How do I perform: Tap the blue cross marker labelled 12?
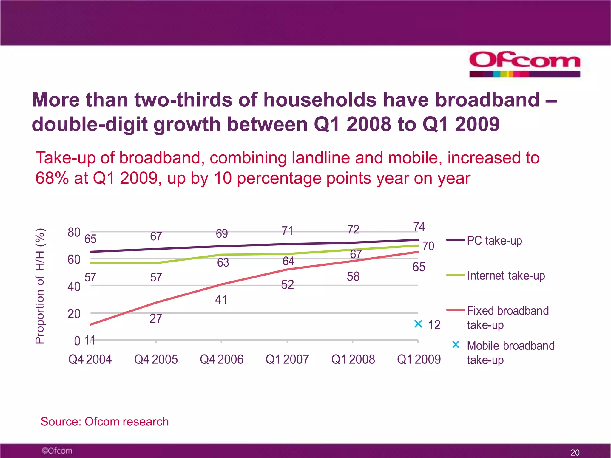click(x=418, y=324)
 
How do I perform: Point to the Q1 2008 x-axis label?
click(x=353, y=359)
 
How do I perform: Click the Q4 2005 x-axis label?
click(x=156, y=359)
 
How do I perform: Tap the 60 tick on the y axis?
click(x=74, y=260)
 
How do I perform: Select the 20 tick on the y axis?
click(x=74, y=314)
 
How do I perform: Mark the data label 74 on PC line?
click(x=419, y=227)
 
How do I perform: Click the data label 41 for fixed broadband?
click(x=221, y=299)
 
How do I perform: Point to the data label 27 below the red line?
click(x=156, y=318)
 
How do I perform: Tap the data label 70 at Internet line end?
click(x=428, y=246)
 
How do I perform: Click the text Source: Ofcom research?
click(x=104, y=422)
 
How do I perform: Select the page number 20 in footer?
click(x=575, y=452)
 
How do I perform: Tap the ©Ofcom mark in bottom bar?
click(x=57, y=451)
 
